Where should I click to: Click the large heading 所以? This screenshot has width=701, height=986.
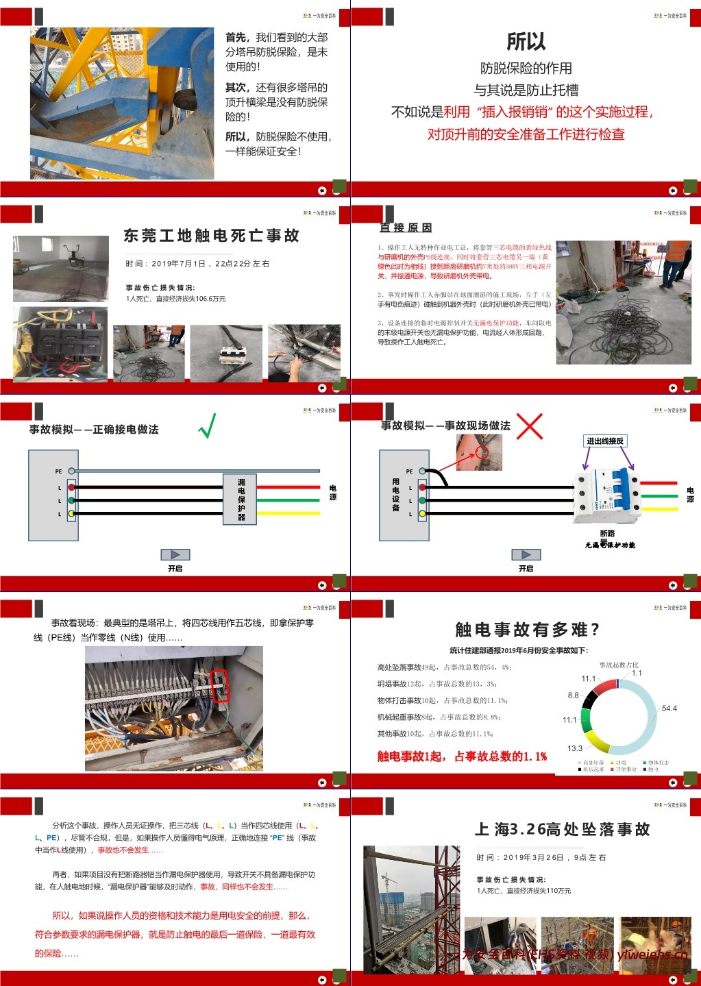point(526,42)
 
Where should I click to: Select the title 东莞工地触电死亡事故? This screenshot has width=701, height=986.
point(211,236)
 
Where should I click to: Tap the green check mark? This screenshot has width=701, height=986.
point(207,426)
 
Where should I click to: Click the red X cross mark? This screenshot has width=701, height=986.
point(529,426)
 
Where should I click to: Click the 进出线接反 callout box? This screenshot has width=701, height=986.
point(605,441)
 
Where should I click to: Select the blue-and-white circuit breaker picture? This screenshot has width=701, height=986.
point(606,493)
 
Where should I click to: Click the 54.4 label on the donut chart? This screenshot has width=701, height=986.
point(669,708)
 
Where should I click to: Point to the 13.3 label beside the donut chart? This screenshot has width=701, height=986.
point(574,748)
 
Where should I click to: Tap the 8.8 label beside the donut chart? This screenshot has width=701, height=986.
point(573,695)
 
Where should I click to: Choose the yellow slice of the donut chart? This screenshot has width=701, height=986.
point(597,741)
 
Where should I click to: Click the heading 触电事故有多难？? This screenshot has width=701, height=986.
point(527,630)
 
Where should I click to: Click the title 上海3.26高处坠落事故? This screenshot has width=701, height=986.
point(562,830)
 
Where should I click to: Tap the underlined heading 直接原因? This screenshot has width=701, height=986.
point(406,227)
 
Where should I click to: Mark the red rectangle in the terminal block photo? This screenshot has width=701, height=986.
point(219,686)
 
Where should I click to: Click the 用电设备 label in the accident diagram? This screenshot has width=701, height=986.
point(395,495)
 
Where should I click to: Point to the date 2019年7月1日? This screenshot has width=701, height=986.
point(178,264)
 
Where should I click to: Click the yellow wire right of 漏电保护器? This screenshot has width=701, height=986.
point(288,513)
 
